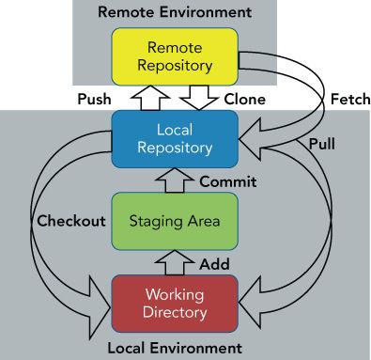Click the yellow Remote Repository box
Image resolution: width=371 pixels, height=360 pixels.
point(175,56)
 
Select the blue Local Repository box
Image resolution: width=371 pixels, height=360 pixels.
point(175,139)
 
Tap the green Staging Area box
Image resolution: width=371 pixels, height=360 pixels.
point(175,221)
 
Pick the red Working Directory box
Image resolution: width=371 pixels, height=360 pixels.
point(175,304)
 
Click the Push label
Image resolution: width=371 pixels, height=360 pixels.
point(94,99)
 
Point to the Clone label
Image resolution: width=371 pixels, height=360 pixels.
point(245,100)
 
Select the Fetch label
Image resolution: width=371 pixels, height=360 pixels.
point(350,100)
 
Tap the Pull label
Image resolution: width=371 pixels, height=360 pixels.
point(322,144)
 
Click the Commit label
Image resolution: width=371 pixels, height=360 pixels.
point(228,181)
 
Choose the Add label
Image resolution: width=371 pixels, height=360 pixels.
point(215,264)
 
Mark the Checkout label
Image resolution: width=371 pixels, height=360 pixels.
point(71,221)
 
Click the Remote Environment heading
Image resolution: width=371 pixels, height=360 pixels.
point(175,12)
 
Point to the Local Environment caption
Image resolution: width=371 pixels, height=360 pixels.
point(175,348)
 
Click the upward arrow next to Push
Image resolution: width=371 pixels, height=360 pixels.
point(150,98)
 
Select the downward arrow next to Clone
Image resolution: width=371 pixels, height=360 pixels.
point(199,98)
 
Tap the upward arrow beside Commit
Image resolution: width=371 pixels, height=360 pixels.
point(175,180)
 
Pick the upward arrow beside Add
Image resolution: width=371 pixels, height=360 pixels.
point(175,262)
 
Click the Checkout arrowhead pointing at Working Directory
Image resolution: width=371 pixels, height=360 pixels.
point(99,308)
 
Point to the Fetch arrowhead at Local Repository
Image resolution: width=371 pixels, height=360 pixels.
point(251,139)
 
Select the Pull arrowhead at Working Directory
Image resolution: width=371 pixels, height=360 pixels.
point(251,303)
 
